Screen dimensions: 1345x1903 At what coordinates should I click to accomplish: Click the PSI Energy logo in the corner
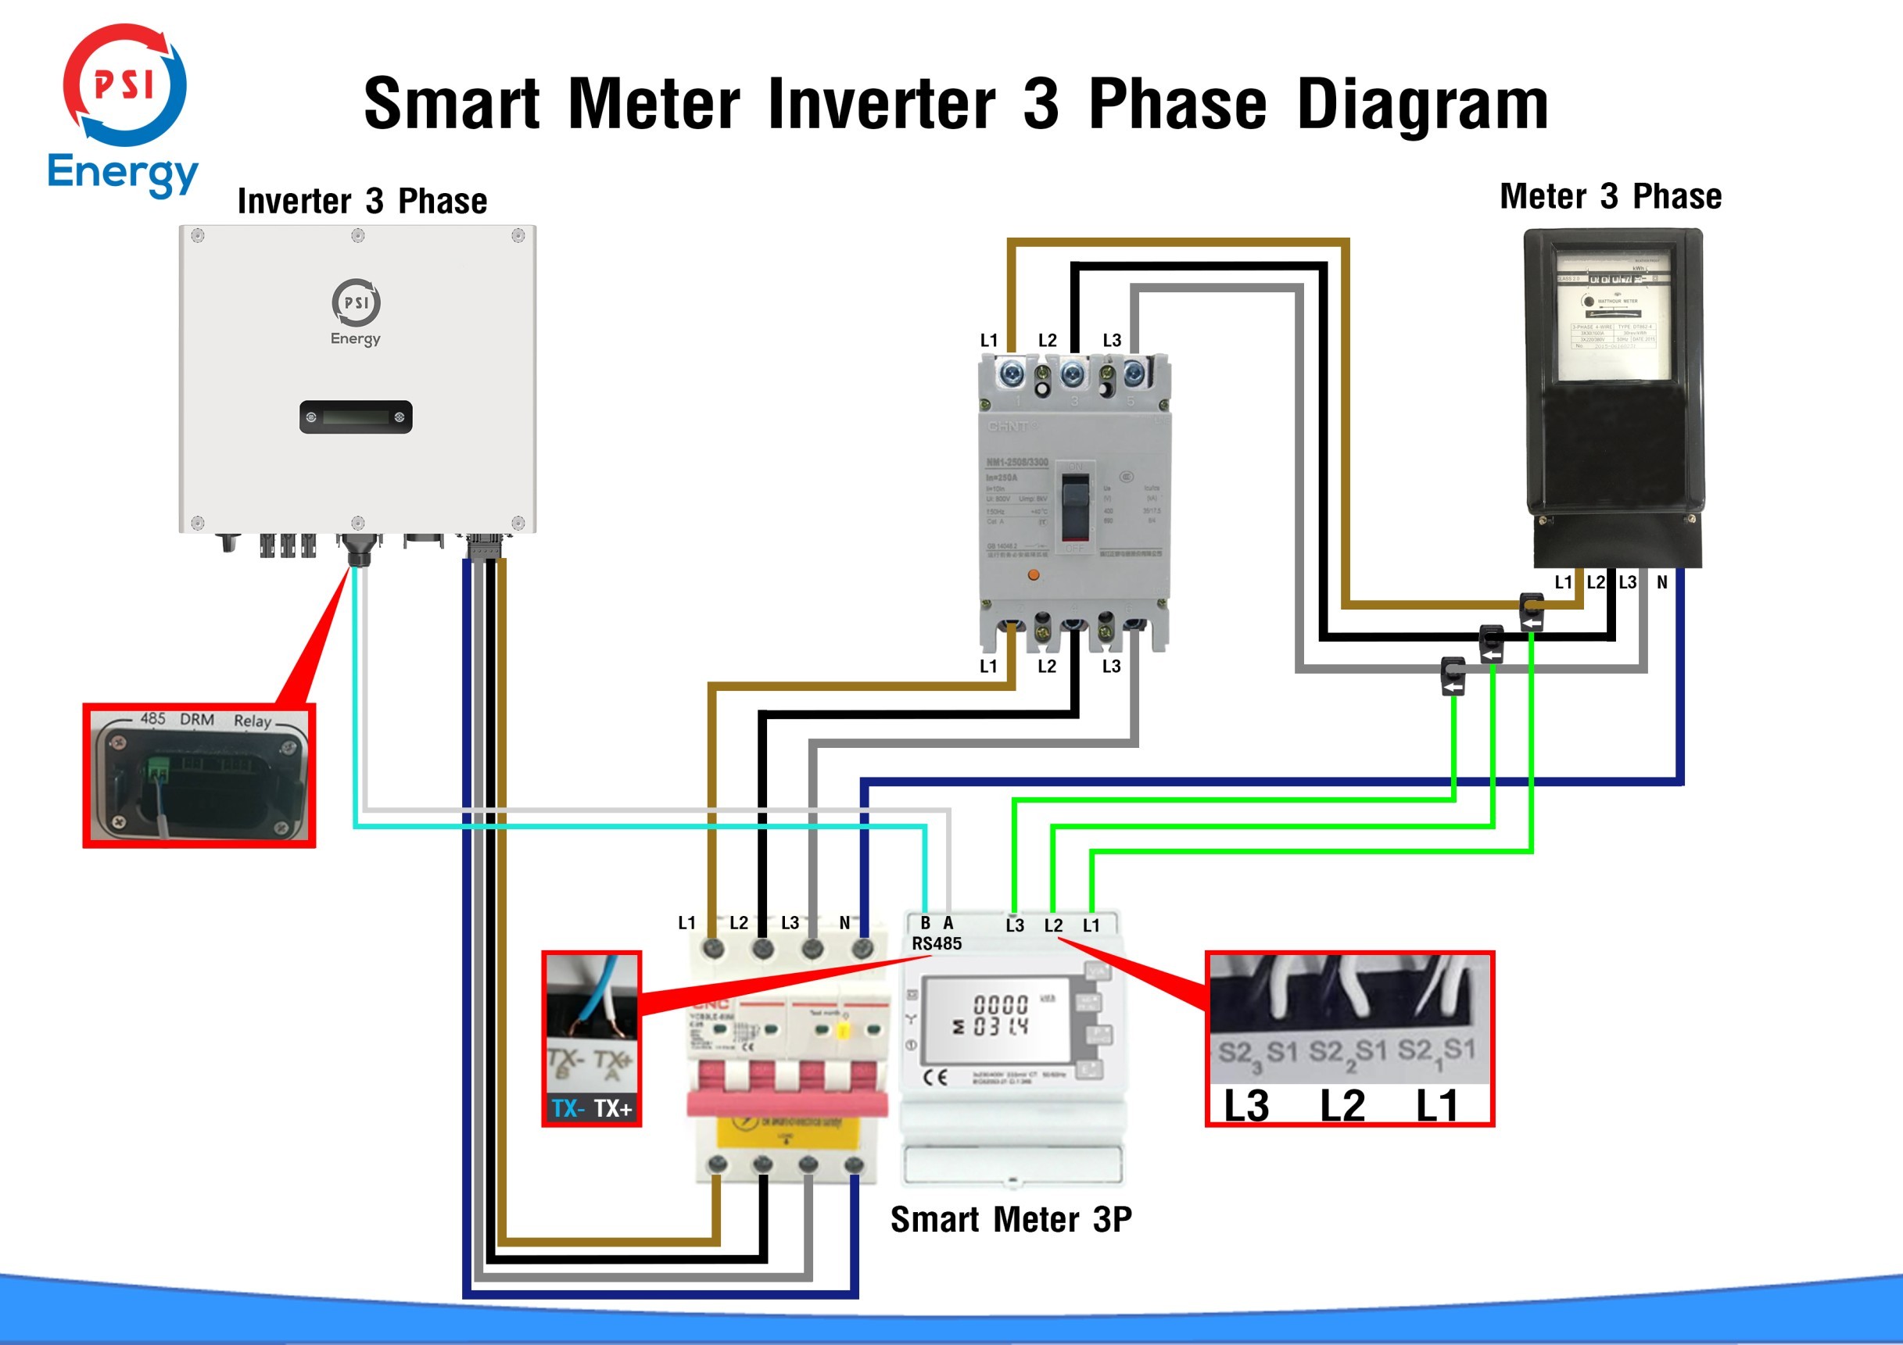[x=124, y=108]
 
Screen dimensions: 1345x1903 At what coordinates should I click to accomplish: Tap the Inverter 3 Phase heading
[x=362, y=202]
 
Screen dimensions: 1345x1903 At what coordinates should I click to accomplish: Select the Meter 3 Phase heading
[x=1611, y=196]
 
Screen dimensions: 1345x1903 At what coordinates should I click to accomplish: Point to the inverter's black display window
[x=356, y=417]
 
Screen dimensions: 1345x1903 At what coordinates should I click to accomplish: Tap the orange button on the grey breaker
[x=1033, y=574]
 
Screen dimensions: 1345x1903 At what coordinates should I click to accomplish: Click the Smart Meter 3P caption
[x=1010, y=1219]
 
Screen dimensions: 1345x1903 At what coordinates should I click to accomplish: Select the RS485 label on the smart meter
[x=937, y=943]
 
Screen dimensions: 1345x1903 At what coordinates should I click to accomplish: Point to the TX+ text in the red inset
[x=613, y=1108]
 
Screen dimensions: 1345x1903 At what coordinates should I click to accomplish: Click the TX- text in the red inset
[x=568, y=1108]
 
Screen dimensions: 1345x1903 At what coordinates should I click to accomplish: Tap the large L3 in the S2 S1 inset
[x=1245, y=1106]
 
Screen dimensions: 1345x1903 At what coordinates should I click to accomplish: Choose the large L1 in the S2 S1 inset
[x=1436, y=1106]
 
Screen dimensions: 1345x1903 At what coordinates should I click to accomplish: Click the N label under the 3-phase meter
[x=1662, y=582]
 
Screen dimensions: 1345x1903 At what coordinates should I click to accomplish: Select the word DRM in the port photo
[x=197, y=719]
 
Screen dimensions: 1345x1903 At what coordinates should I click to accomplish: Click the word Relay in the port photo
[x=252, y=721]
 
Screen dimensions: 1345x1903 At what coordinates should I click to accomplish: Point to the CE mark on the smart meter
[x=935, y=1077]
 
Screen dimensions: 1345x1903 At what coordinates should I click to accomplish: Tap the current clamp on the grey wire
[x=1453, y=674]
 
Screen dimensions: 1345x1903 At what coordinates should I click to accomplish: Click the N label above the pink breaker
[x=844, y=922]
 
